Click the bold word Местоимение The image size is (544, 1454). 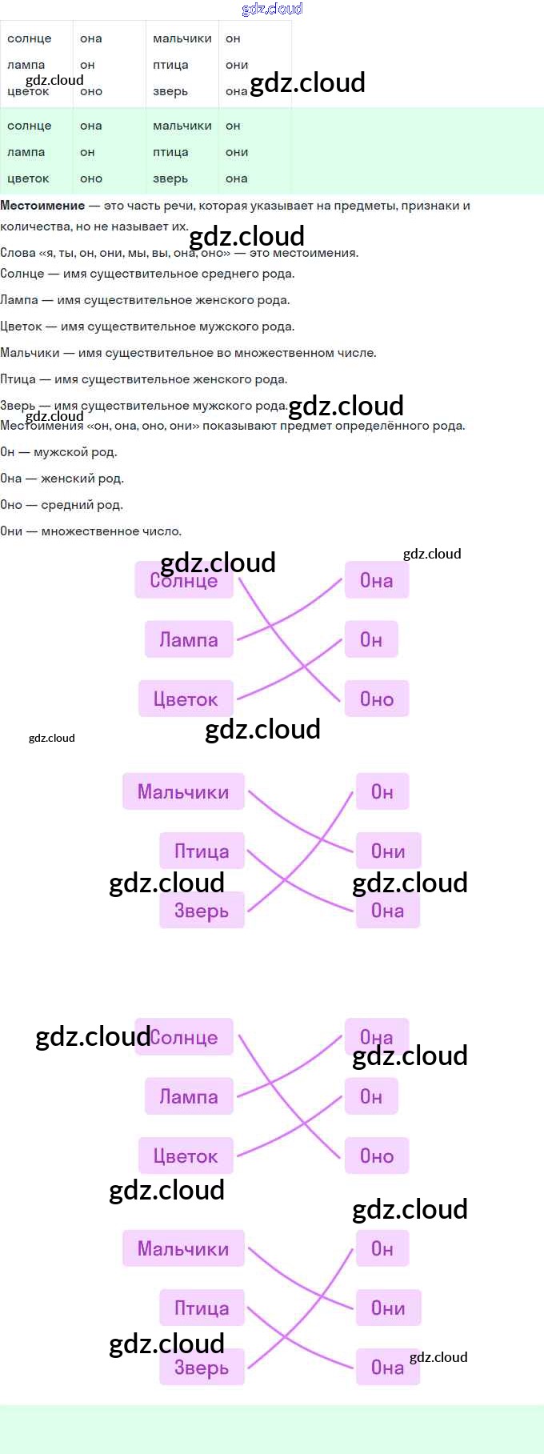[42, 206]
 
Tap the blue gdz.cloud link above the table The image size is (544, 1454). [272, 9]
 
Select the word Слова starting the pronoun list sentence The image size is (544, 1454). [18, 253]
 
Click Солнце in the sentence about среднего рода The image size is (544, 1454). [22, 274]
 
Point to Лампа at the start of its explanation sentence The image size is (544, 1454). [19, 300]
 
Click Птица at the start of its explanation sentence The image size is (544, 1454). [18, 379]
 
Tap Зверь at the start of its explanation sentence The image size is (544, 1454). [18, 406]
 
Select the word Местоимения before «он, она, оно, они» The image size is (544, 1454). [42, 426]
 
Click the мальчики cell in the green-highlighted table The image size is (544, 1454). [182, 126]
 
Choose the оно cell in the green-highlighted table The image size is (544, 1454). [91, 178]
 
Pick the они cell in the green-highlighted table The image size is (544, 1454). [237, 152]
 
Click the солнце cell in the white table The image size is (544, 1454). [30, 38]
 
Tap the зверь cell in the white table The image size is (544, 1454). [170, 91]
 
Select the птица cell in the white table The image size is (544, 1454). [170, 65]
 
